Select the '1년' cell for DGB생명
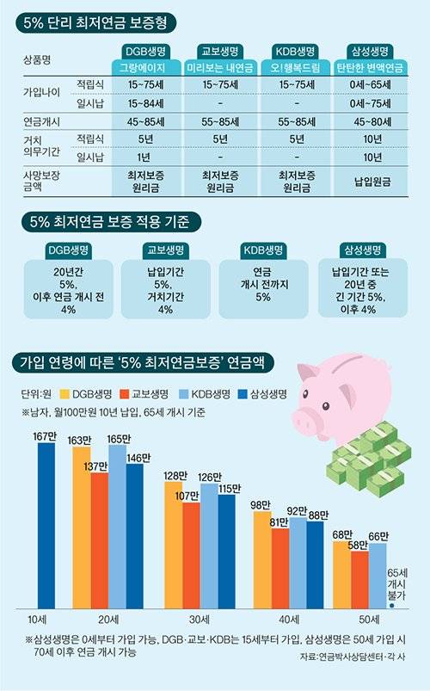[x=141, y=157]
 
